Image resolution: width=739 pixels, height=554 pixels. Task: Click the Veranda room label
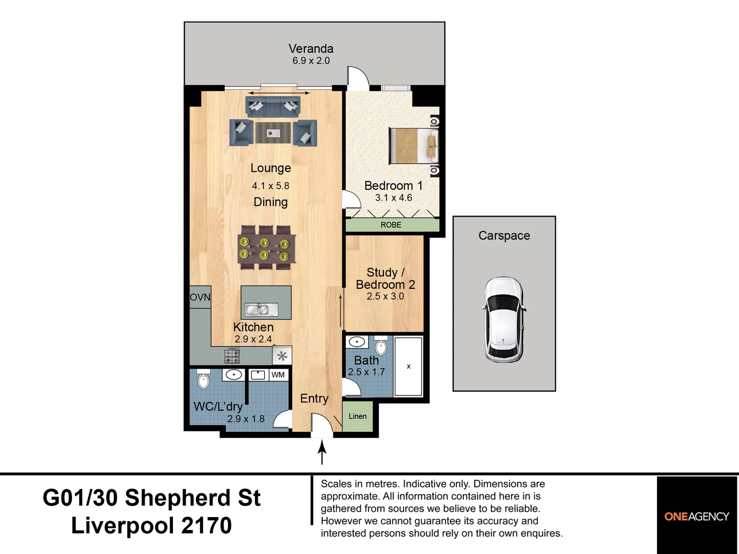click(311, 49)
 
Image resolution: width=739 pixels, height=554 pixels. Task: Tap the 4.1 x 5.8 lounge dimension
click(270, 186)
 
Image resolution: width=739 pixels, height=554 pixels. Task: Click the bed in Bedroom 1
click(414, 146)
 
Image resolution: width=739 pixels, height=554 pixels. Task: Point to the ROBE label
click(391, 225)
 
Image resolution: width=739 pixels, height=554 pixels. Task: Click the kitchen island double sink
click(261, 309)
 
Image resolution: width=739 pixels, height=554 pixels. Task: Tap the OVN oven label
click(200, 298)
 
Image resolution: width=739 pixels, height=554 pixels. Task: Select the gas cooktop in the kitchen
click(232, 356)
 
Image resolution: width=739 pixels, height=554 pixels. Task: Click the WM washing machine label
click(278, 374)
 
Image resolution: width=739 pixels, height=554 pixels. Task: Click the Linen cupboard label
click(358, 416)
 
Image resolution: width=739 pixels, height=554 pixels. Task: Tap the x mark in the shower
click(409, 366)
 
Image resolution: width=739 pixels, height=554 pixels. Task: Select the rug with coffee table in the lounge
click(273, 133)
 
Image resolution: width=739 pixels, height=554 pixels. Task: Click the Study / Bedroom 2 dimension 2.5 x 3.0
click(385, 296)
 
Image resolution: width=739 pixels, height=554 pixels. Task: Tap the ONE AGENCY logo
click(696, 517)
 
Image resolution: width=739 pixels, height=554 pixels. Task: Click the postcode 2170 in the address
click(206, 525)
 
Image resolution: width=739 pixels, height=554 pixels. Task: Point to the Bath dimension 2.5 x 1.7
click(366, 372)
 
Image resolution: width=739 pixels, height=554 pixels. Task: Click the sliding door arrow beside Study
click(341, 310)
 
